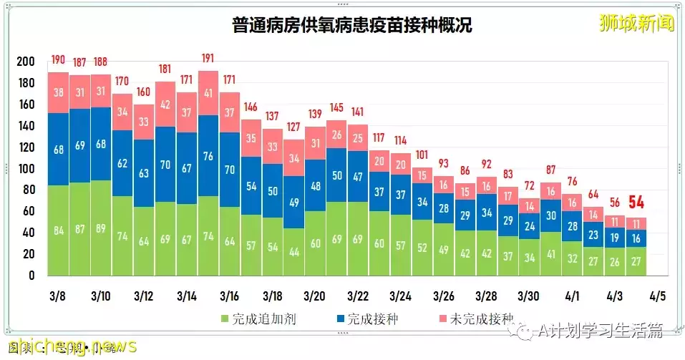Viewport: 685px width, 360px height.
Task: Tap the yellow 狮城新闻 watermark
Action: click(x=637, y=23)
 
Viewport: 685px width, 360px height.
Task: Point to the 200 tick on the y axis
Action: click(x=25, y=62)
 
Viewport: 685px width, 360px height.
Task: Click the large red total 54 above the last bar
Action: click(x=636, y=203)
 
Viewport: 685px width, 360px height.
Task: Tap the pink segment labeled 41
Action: click(x=208, y=93)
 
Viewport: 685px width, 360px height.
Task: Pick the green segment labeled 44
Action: click(x=294, y=252)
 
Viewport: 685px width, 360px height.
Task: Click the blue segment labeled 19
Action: click(x=615, y=238)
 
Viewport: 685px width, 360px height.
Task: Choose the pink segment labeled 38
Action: click(x=58, y=92)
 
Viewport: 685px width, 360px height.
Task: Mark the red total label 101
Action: click(x=422, y=154)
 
